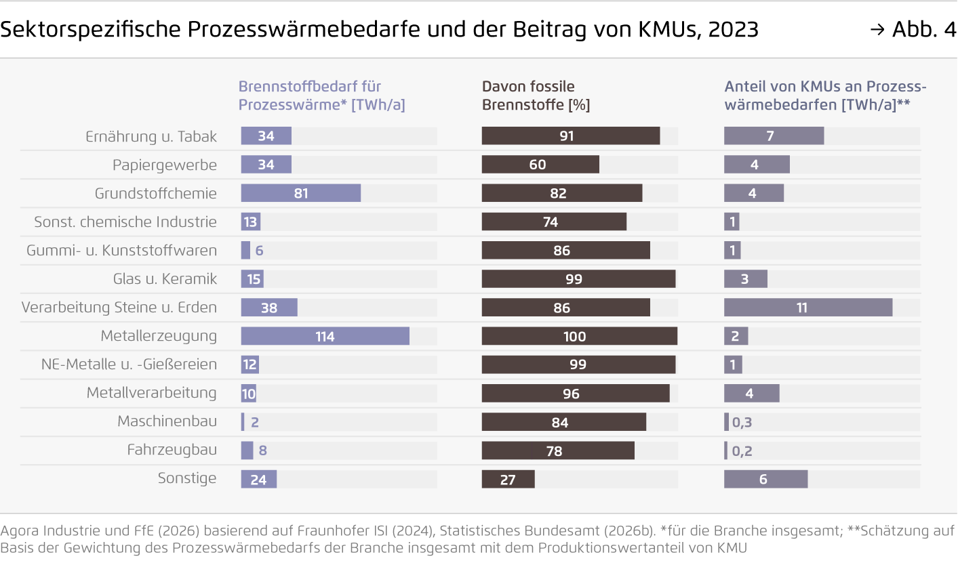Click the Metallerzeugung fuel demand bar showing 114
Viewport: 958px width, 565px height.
(325, 336)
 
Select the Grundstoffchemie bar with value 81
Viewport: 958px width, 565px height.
(300, 194)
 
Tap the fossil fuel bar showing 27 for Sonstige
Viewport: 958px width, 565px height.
(508, 480)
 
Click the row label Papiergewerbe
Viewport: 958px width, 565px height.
(165, 165)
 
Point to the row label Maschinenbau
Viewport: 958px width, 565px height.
(167, 421)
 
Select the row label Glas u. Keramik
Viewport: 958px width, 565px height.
(165, 279)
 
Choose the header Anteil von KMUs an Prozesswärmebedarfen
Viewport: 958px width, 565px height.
(824, 96)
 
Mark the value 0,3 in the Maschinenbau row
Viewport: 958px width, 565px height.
(742, 423)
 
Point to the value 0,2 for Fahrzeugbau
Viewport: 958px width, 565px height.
(742, 451)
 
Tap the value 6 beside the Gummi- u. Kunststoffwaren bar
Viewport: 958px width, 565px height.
(259, 251)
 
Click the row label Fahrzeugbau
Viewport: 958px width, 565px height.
(172, 450)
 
